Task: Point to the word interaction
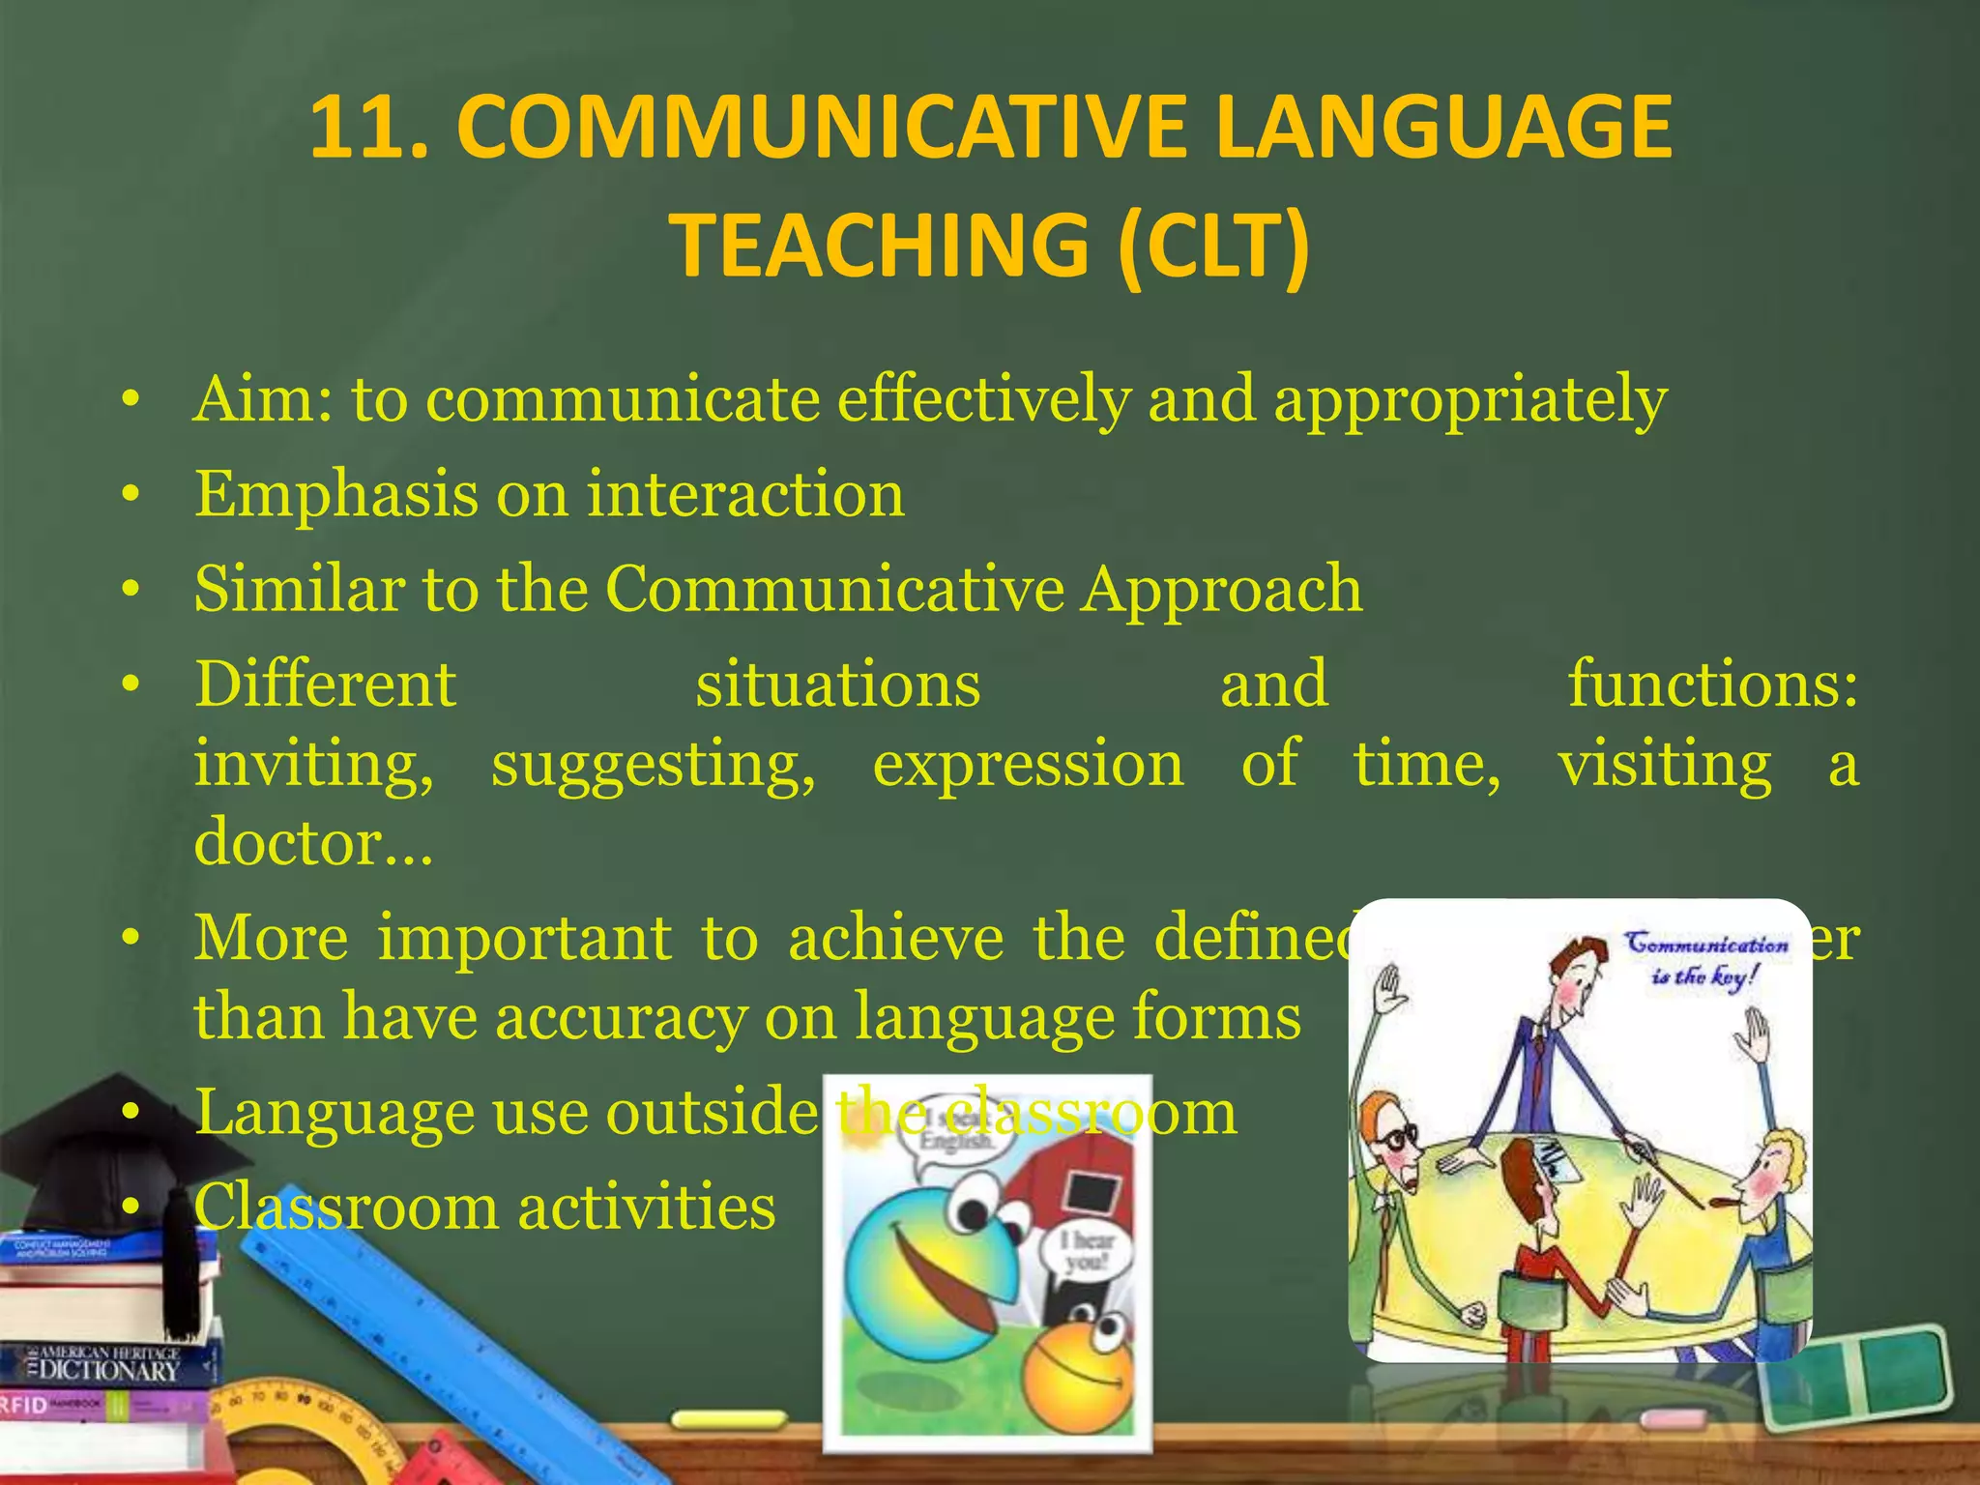click(x=745, y=494)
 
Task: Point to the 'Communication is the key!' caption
click(x=1705, y=957)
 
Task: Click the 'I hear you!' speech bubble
click(x=1087, y=1250)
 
